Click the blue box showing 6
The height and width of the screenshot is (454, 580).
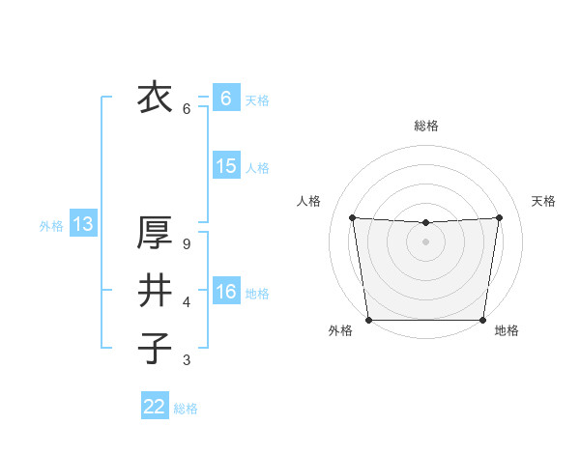(225, 99)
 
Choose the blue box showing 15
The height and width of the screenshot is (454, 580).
(225, 166)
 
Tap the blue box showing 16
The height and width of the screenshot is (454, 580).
(225, 292)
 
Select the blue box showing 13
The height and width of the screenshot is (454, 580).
(82, 225)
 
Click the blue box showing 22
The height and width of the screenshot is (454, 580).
(155, 407)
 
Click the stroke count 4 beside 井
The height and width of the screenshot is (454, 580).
(187, 302)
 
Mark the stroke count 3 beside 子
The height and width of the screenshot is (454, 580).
(187, 360)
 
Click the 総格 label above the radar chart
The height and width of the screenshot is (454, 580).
(425, 126)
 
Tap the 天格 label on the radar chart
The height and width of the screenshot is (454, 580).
(543, 201)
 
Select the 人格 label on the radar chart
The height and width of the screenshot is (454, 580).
(308, 201)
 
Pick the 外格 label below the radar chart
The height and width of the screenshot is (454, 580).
(340, 330)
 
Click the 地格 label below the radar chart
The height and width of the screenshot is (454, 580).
(507, 330)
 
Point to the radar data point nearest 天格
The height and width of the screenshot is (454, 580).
(499, 217)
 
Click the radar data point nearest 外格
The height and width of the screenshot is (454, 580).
(368, 320)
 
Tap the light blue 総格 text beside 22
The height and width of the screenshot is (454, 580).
(186, 409)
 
